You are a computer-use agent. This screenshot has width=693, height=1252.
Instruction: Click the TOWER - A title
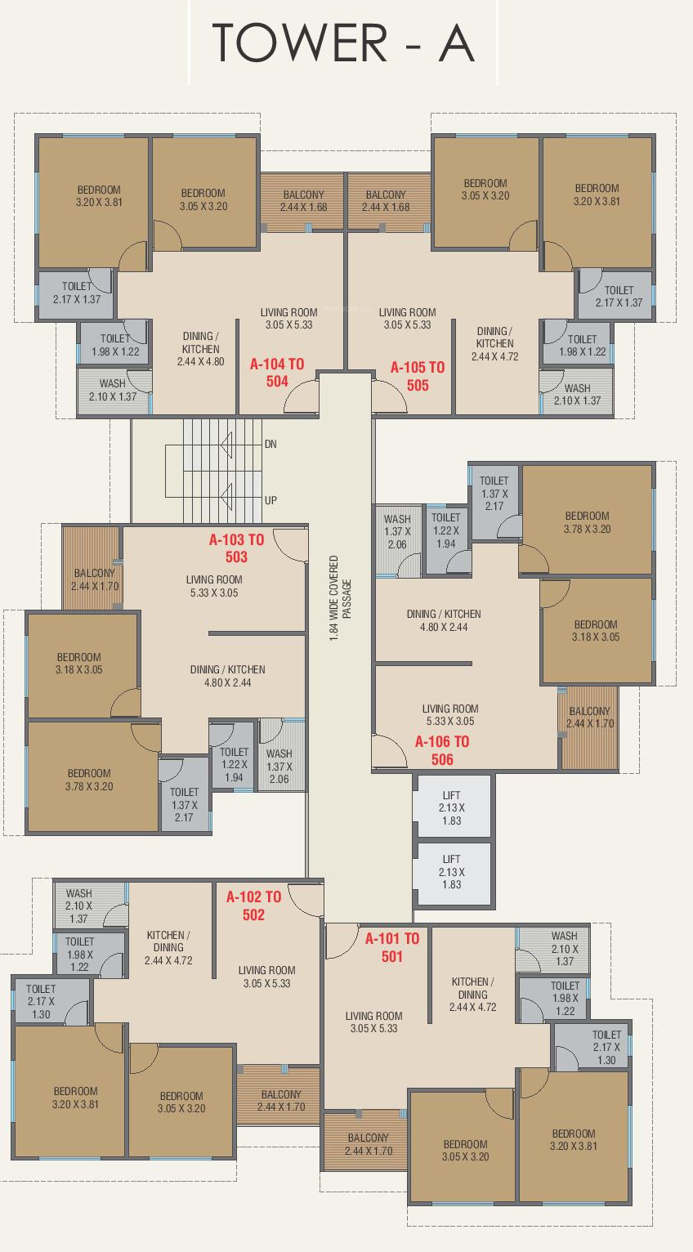[343, 43]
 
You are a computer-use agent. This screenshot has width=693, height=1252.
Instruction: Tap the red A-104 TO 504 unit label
[277, 373]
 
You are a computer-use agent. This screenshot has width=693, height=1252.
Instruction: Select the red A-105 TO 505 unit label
[418, 376]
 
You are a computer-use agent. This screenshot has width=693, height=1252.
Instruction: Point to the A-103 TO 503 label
[236, 548]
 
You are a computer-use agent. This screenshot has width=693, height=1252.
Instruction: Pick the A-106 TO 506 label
[442, 751]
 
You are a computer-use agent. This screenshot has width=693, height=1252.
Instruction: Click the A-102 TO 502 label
[253, 905]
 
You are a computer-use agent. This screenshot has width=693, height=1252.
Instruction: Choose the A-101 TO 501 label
[392, 947]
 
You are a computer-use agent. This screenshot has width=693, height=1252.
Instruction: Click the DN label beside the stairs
[271, 445]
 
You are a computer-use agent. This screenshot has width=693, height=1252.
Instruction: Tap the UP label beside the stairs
[271, 500]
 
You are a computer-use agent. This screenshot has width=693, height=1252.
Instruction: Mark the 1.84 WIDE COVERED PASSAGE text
[340, 598]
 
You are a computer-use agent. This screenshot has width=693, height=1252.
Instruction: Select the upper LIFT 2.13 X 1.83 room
[453, 806]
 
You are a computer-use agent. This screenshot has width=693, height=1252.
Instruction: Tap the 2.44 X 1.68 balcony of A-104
[302, 202]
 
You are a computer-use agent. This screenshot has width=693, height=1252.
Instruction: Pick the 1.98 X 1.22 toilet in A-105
[578, 342]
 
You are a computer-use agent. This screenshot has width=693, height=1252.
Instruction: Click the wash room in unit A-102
[90, 905]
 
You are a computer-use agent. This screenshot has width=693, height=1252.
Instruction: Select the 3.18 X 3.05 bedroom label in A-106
[596, 630]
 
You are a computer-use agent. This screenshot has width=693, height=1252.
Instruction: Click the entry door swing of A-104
[302, 397]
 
